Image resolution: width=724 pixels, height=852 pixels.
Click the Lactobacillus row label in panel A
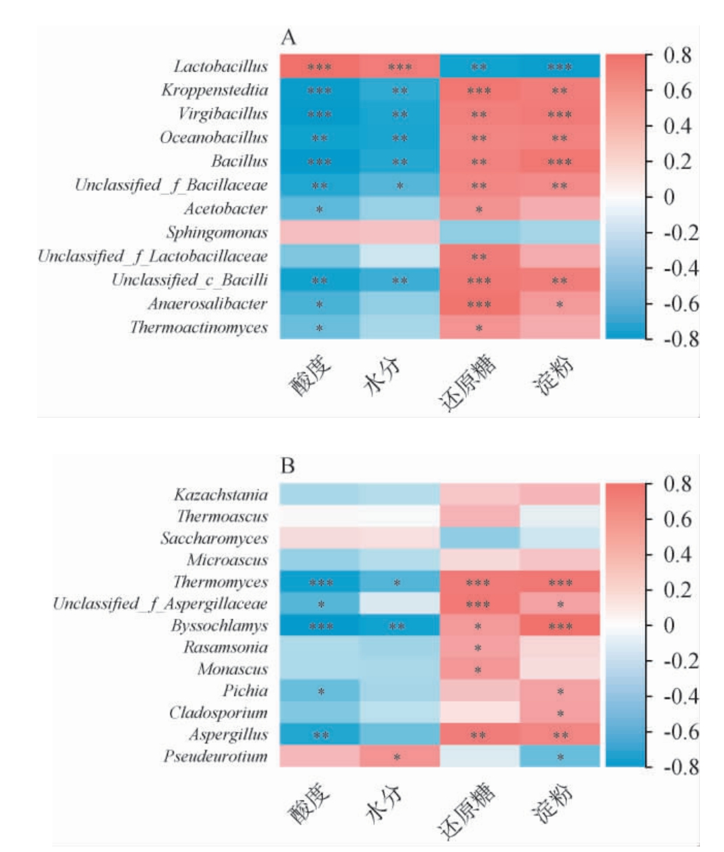coord(221,67)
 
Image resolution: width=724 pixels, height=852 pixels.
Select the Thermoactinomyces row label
coord(199,327)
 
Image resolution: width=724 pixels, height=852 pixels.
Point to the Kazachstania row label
coord(221,495)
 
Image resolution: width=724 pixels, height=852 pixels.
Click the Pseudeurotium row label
coord(215,756)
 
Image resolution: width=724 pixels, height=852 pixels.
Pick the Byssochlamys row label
coord(221,626)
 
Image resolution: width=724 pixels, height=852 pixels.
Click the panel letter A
coord(288,38)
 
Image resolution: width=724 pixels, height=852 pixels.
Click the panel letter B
coord(287,467)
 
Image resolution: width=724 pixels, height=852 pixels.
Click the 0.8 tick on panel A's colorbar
coord(677,55)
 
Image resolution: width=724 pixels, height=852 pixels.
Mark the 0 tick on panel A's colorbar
coord(668,197)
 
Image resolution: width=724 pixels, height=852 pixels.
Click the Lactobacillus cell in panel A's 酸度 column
coord(319,67)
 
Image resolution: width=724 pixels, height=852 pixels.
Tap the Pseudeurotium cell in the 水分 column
coord(398,756)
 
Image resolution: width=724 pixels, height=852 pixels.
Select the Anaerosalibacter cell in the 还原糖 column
coord(479,304)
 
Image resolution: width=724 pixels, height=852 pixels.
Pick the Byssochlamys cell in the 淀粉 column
coord(560,626)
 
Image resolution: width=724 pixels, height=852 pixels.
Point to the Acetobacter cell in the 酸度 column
coord(319,209)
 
